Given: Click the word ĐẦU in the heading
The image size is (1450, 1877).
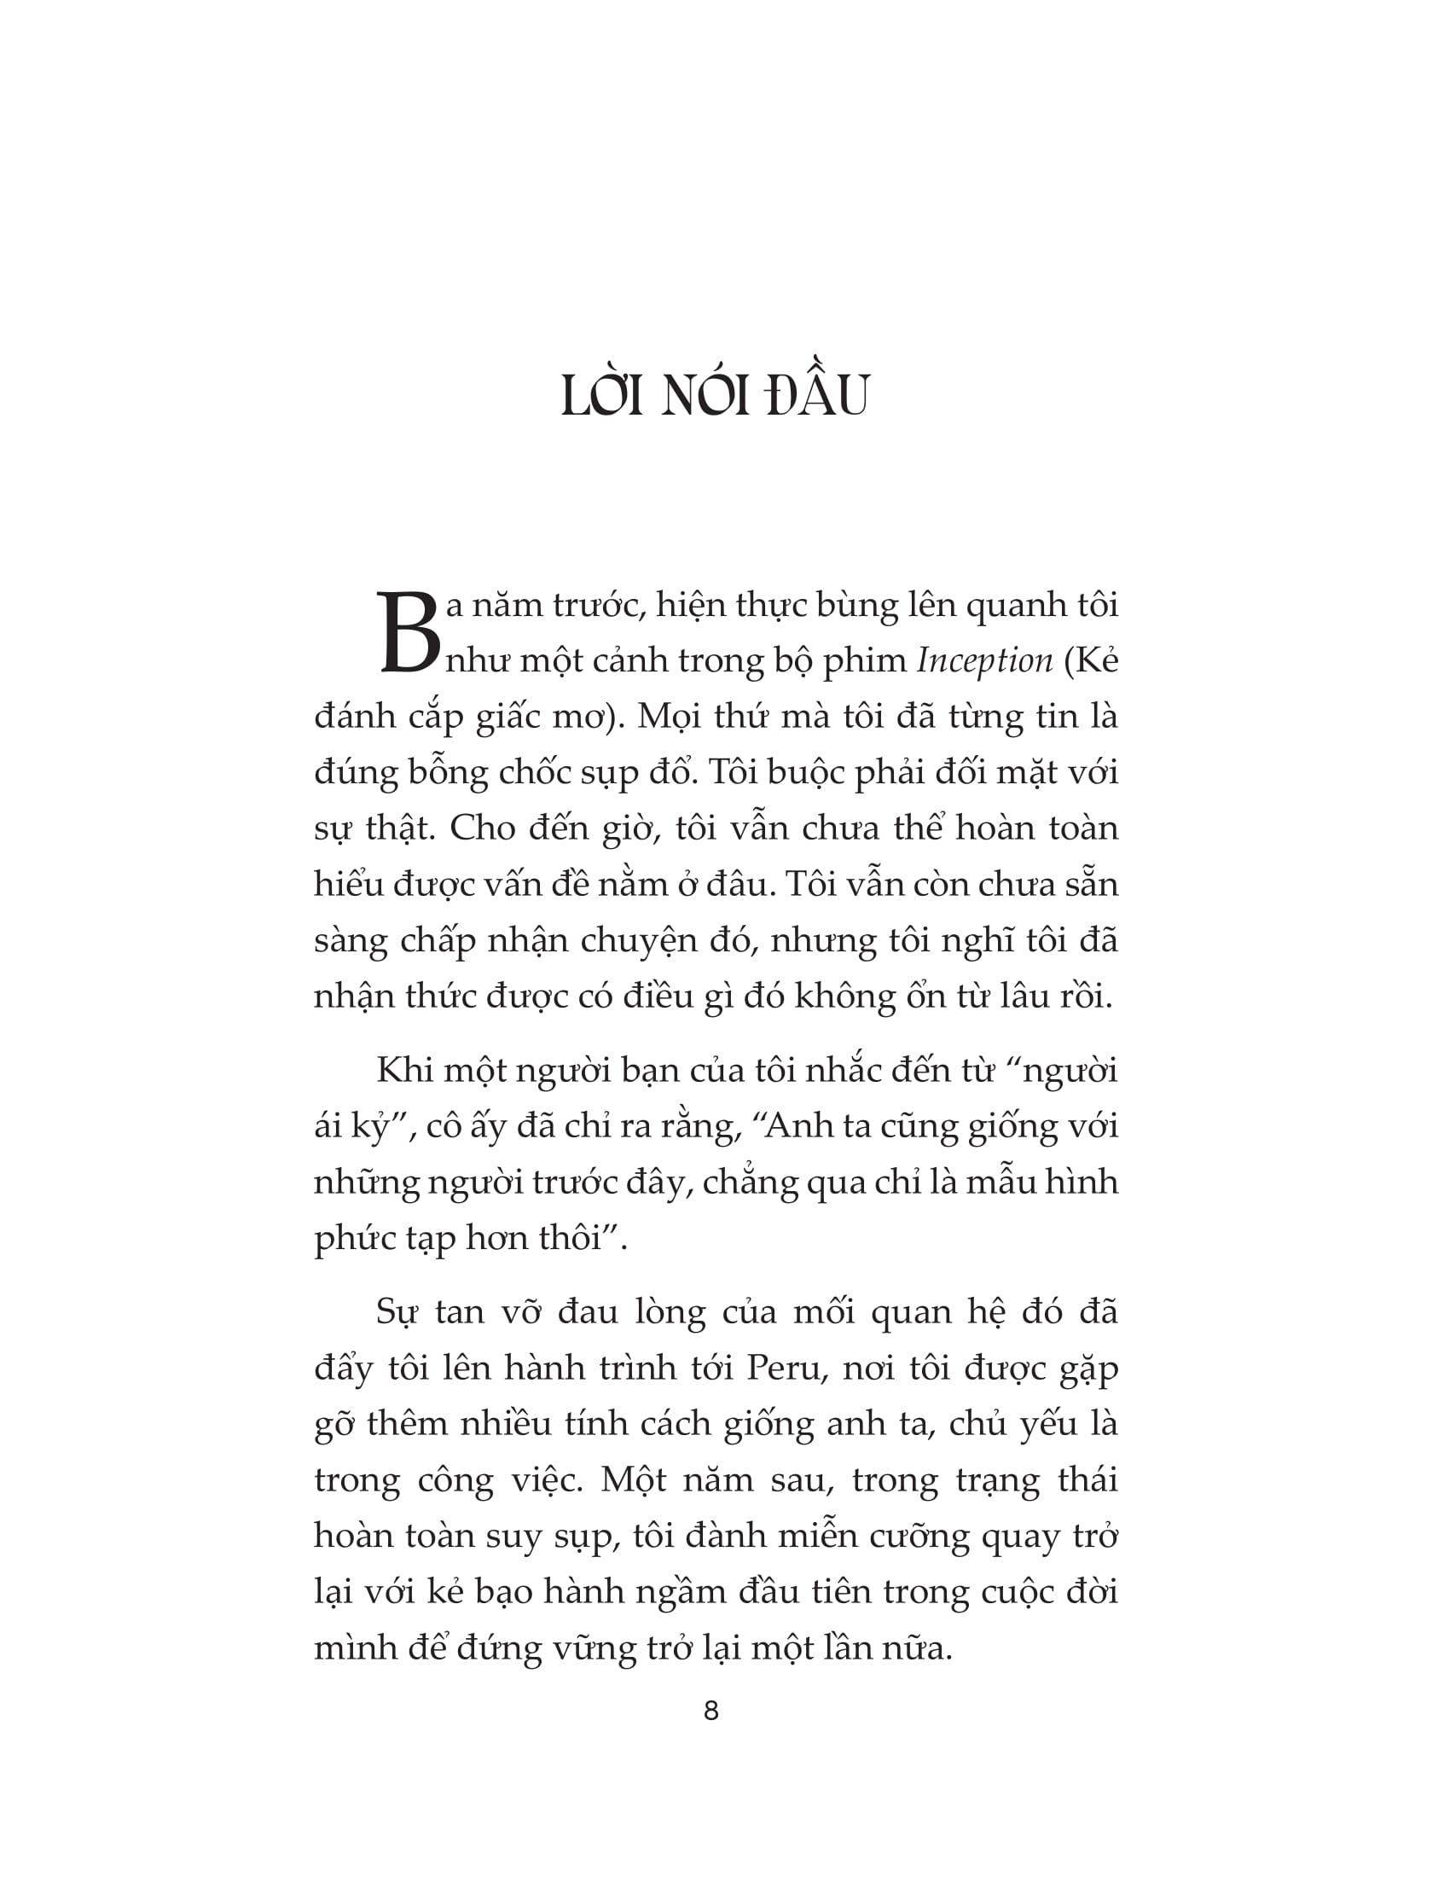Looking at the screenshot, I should click(817, 396).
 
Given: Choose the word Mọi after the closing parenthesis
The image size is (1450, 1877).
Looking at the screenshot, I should click(670, 717).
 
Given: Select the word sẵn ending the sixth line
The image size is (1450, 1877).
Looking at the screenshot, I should click(1090, 885).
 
